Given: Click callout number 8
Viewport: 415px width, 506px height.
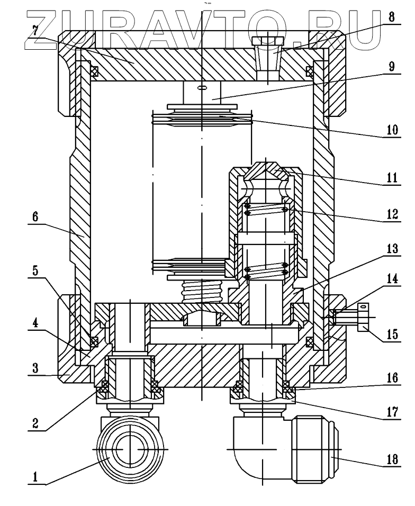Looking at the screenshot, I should [392, 16].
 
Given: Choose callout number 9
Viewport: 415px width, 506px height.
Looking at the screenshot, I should [392, 67].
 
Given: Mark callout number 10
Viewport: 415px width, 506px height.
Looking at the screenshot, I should [392, 129].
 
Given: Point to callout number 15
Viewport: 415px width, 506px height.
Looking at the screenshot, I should [392, 335].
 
